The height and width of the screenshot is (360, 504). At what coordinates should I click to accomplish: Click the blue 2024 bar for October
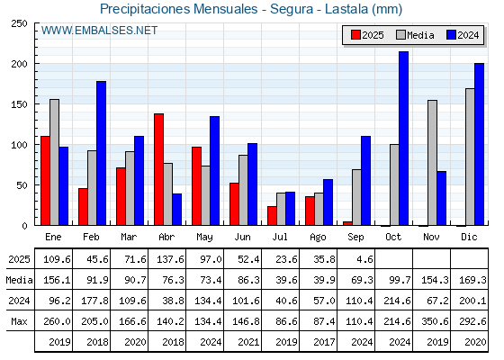pos(404,139)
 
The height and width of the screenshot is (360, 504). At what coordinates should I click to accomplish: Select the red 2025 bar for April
pos(158,169)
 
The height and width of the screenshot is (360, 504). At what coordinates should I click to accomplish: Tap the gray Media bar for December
pos(470,157)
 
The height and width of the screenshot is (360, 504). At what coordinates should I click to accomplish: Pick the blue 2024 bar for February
pos(101,153)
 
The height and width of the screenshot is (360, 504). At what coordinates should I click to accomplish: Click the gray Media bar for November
pos(432,163)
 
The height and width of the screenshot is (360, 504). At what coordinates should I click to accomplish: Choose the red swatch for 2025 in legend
pos(355,35)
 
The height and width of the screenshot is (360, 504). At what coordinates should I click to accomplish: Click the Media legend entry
pos(415,35)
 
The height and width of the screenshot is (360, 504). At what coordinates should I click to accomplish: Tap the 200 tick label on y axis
pos(19,64)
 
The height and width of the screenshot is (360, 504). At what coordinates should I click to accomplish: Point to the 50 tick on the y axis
pos(22,185)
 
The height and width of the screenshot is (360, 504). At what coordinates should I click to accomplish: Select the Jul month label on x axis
pos(280,237)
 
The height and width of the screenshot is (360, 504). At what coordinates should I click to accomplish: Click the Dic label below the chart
pos(469,237)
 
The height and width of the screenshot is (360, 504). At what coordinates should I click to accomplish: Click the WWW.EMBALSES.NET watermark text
pos(99,31)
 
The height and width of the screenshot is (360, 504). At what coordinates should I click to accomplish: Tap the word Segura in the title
pos(292,9)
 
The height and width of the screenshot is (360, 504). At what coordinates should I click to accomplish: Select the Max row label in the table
pos(19,321)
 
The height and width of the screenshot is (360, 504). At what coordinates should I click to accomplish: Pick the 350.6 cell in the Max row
pos(435,321)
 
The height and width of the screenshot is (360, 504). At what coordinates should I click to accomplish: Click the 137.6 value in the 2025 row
pos(170,259)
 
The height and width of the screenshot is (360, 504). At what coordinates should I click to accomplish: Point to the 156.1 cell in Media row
pos(57,280)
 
